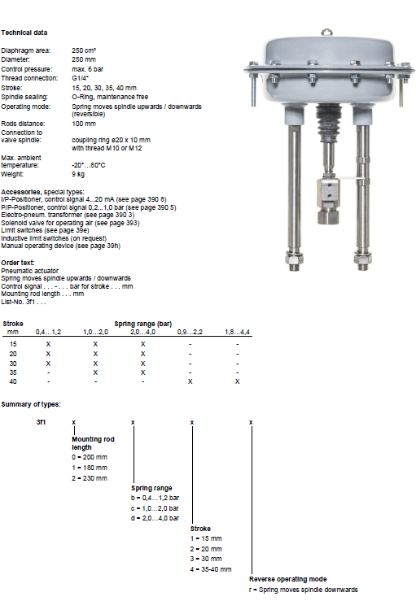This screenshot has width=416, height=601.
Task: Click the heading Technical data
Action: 24,33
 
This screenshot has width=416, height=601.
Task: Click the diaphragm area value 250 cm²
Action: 84,50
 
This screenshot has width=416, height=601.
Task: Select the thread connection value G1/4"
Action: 81,78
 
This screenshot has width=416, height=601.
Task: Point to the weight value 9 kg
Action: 78,174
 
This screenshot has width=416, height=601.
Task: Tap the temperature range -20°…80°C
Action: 88,165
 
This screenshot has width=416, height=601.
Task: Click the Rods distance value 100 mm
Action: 84,124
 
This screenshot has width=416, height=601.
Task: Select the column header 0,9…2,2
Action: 190,332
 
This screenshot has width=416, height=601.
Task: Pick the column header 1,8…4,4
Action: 237,332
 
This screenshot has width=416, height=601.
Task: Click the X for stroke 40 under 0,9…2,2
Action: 190,381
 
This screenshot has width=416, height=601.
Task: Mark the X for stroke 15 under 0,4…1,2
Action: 48,344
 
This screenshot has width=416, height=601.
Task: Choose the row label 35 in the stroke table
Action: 13,372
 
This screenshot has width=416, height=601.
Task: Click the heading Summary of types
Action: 31,404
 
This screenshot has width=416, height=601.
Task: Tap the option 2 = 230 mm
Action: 90,478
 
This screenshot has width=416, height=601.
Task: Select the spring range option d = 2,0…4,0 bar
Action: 155,518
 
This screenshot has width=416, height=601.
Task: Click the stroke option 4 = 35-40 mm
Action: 211,569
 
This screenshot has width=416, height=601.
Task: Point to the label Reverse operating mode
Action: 288,579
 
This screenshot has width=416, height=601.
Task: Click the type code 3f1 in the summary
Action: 41,422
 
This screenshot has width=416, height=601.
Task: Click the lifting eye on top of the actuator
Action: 326,33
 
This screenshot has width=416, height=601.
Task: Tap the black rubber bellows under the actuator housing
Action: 329,123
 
